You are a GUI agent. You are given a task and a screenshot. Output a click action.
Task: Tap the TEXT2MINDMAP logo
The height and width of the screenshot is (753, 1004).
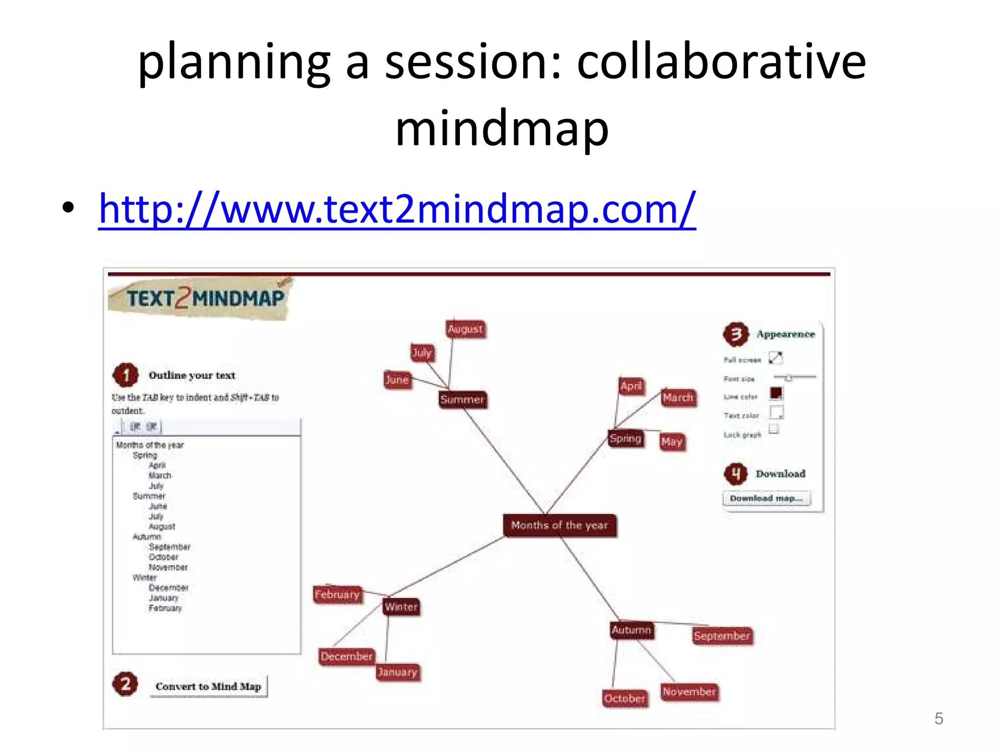click(201, 298)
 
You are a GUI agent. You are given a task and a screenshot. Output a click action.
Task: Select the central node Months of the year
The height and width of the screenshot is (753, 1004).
click(559, 526)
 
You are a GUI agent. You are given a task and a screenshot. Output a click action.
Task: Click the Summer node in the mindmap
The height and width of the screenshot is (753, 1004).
click(462, 400)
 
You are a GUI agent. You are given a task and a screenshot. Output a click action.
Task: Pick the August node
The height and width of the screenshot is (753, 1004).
click(465, 329)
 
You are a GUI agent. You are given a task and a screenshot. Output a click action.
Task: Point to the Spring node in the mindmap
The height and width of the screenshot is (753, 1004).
click(625, 439)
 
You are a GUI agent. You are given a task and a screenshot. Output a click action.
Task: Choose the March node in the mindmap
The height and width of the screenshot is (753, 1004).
click(678, 398)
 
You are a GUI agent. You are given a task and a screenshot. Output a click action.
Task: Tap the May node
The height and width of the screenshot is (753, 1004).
click(672, 442)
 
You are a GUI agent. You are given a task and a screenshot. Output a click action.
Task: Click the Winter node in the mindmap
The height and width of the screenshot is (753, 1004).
click(401, 607)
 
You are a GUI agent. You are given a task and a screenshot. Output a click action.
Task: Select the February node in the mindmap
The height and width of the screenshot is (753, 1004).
click(337, 595)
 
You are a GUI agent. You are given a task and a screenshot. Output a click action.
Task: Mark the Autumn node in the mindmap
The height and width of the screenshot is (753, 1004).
click(631, 630)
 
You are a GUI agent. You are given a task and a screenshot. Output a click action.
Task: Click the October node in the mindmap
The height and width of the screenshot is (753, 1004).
click(625, 698)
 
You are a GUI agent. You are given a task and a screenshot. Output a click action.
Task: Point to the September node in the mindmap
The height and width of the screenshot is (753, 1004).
click(722, 636)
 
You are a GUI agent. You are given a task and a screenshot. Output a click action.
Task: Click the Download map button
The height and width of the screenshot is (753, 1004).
click(766, 499)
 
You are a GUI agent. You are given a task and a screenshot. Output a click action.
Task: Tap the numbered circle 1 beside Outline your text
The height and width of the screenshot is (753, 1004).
click(126, 376)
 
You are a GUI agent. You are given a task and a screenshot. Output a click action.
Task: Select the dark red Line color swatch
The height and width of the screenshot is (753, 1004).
click(776, 393)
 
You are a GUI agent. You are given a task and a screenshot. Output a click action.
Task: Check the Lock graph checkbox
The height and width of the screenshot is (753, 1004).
click(774, 429)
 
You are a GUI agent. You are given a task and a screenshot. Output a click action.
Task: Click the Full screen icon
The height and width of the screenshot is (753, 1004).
click(776, 358)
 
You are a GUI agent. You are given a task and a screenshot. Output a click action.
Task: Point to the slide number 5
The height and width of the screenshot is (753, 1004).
click(939, 719)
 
